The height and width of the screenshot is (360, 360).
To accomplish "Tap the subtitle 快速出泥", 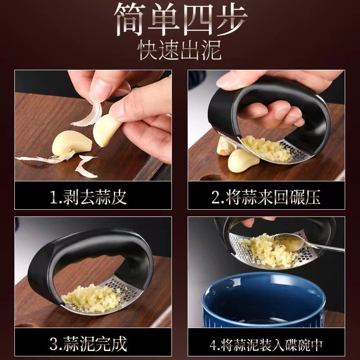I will point(180,51).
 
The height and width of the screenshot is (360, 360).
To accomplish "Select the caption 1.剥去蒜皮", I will point(88,196).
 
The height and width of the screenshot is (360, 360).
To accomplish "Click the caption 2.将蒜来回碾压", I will point(266,196).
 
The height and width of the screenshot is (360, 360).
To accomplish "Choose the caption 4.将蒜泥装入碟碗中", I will point(266,344).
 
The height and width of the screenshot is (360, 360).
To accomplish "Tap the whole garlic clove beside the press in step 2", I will point(243,160).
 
